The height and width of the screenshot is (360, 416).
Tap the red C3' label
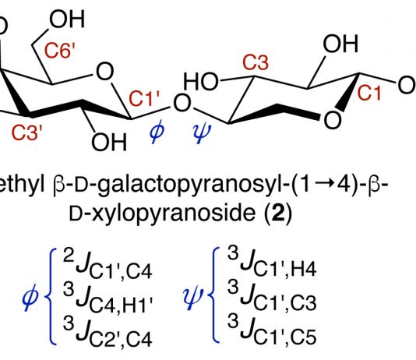click(x=26, y=132)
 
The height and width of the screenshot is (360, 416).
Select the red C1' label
click(x=144, y=99)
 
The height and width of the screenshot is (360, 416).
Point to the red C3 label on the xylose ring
click(x=256, y=63)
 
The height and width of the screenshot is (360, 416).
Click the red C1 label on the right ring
click(x=369, y=93)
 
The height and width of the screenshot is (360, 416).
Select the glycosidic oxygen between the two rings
click(x=182, y=103)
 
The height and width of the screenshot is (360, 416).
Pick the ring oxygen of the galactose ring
click(x=105, y=72)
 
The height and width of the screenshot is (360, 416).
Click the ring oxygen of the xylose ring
click(x=332, y=120)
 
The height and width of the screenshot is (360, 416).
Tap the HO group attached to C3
click(x=201, y=82)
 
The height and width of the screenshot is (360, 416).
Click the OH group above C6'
click(x=67, y=19)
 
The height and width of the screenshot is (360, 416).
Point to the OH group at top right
click(x=340, y=43)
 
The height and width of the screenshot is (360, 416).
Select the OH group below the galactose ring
click(x=109, y=142)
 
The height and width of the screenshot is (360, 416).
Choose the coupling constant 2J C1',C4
click(x=108, y=265)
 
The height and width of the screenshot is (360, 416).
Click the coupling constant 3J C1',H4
click(x=272, y=263)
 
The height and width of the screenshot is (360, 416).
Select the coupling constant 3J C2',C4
click(x=108, y=332)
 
